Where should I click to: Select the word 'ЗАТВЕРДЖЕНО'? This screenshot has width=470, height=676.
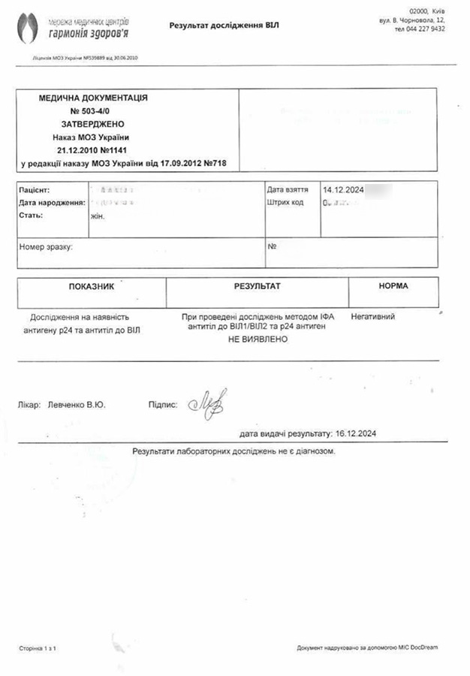92,123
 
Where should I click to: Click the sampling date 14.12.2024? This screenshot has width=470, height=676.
343,190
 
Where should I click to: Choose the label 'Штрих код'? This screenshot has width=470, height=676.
285,203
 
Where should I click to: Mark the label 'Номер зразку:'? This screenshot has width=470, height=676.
46,247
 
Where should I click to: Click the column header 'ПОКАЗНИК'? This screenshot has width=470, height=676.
92,287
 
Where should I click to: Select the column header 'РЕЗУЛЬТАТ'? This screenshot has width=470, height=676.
257,286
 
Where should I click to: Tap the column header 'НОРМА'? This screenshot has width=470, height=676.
393,286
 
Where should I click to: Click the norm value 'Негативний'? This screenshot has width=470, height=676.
372,317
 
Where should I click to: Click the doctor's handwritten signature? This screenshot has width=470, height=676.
208,404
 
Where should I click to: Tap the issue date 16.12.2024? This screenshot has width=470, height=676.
357,433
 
